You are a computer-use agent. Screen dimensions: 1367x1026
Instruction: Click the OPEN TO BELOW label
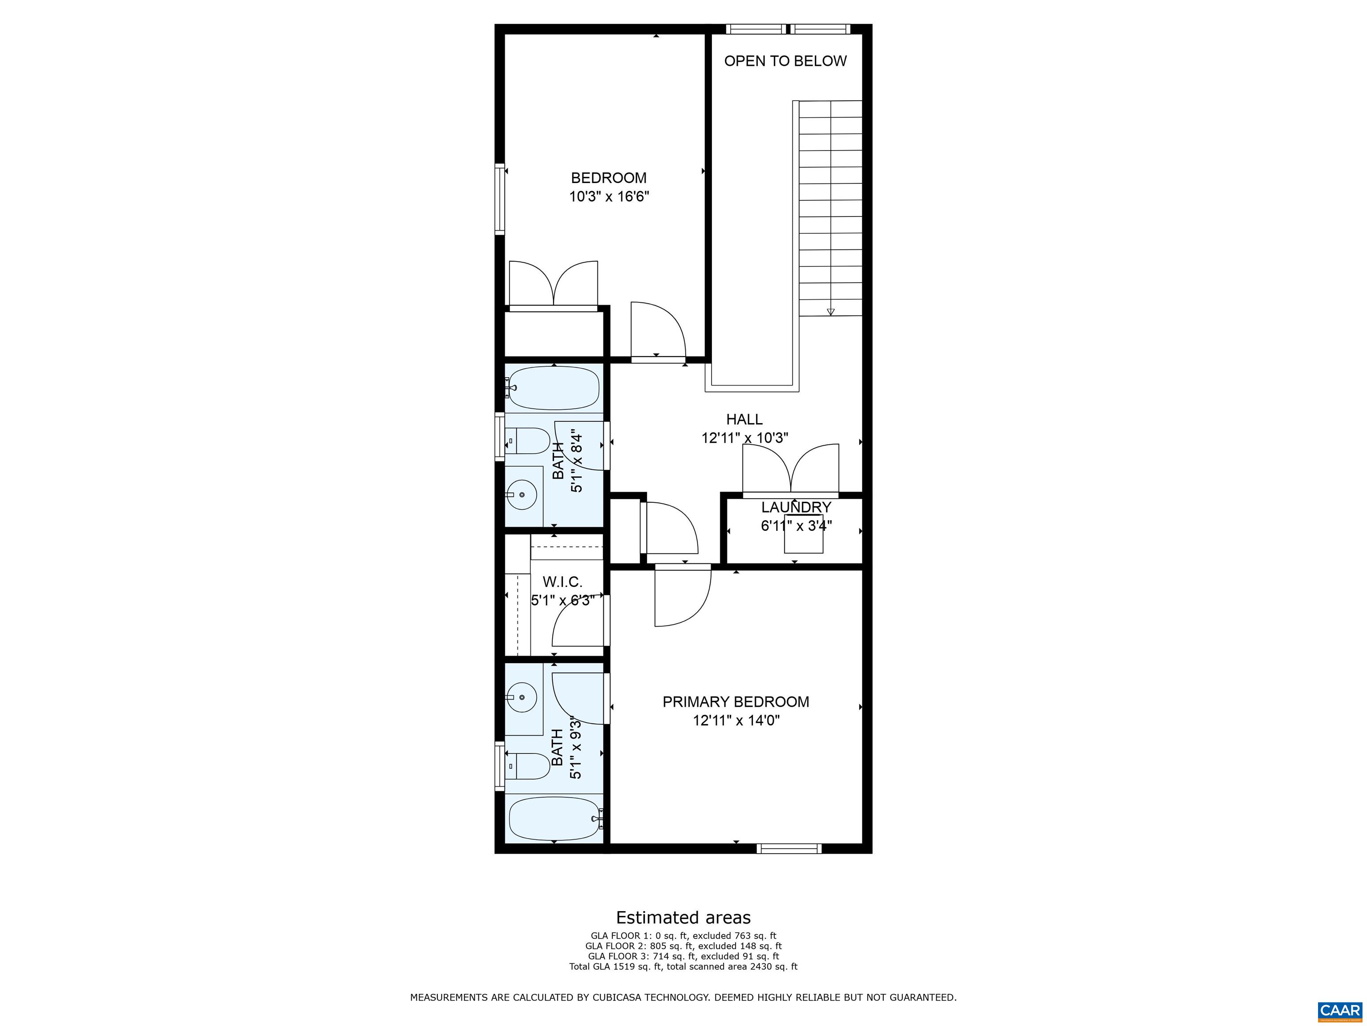click(785, 61)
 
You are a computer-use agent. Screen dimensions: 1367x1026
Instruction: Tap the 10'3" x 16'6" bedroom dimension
click(609, 197)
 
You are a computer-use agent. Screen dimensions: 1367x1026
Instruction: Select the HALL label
click(744, 419)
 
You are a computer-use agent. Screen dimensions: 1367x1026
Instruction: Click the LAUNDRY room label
click(796, 507)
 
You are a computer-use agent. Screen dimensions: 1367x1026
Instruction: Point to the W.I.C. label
click(562, 582)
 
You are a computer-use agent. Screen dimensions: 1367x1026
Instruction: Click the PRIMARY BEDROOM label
click(736, 702)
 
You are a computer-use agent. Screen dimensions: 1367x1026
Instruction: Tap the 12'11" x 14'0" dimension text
click(736, 721)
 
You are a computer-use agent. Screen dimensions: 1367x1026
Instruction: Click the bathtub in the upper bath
click(554, 388)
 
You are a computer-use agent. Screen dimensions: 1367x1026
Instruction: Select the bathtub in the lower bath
click(554, 818)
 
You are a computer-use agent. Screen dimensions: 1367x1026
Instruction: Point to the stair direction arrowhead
click(831, 312)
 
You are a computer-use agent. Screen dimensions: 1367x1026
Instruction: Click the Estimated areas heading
click(683, 917)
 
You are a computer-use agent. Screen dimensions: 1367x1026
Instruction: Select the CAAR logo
click(1340, 1010)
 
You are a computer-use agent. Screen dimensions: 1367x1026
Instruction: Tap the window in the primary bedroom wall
click(789, 848)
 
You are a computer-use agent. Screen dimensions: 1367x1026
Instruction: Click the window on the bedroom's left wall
click(499, 199)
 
